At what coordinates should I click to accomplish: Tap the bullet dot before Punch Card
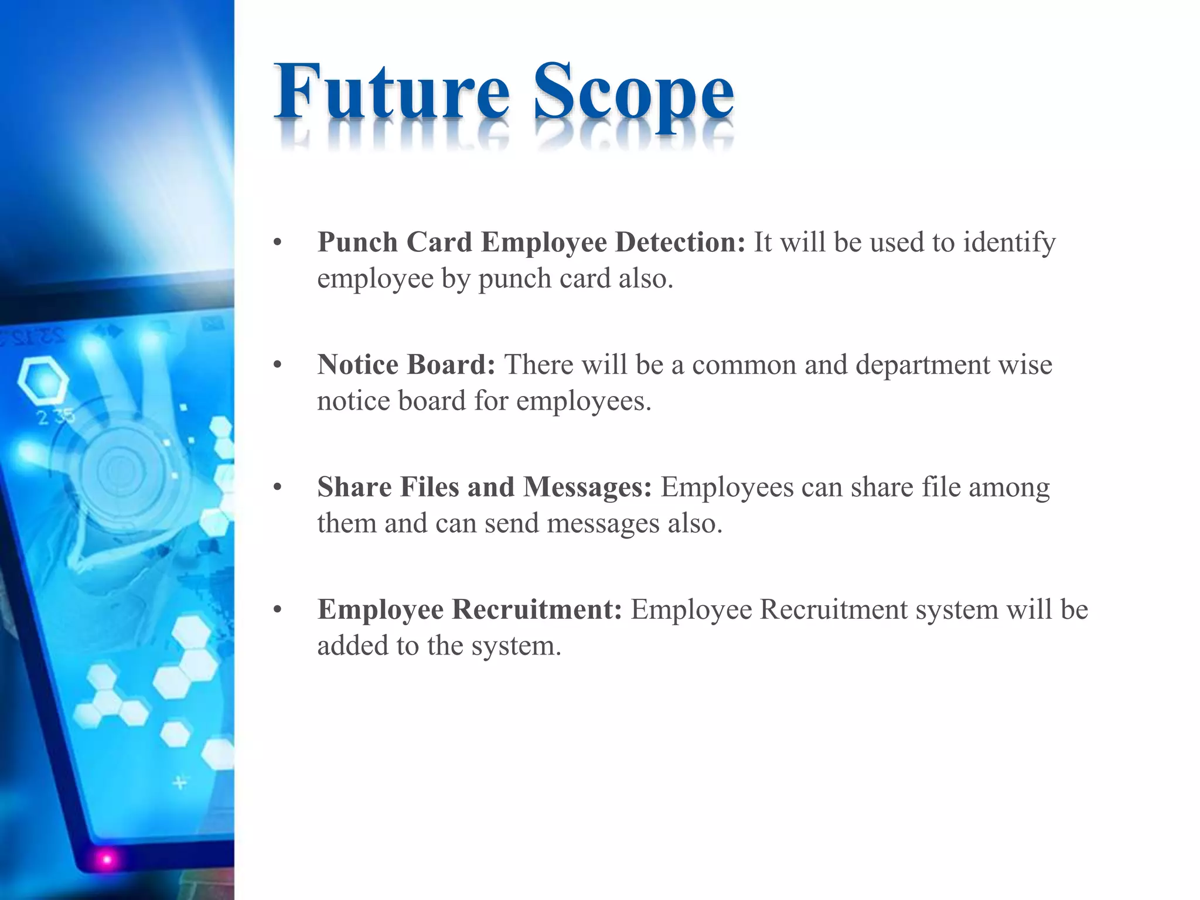tap(278, 243)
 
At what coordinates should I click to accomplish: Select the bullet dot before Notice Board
tap(278, 366)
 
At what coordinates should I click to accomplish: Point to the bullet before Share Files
tap(278, 488)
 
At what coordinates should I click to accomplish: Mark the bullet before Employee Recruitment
tap(278, 611)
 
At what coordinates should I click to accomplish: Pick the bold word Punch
tap(357, 243)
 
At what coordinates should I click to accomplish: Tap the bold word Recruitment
tap(537, 609)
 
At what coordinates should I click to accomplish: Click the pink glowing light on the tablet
tap(107, 860)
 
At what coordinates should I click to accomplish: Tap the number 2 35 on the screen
tap(56, 417)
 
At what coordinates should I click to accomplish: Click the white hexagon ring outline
tap(42, 380)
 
